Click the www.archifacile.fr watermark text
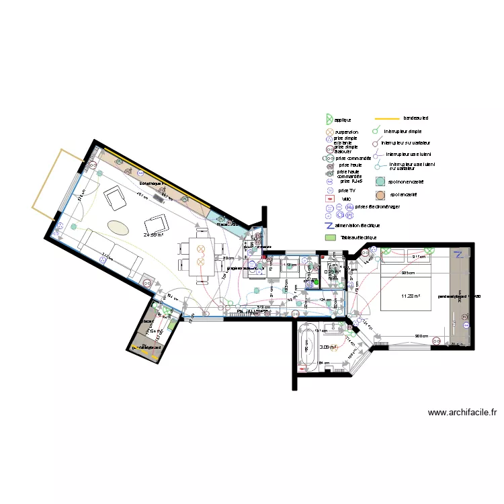[462, 413]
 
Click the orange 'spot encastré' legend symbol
[380, 195]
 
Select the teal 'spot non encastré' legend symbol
[380, 181]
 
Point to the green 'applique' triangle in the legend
[329, 119]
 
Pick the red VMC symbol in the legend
[329, 199]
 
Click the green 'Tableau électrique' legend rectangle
[329, 237]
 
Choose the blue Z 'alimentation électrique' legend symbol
[329, 225]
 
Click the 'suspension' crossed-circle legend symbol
[329, 132]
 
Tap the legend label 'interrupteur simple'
[403, 131]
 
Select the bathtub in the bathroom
[308, 349]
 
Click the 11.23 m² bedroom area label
[410, 296]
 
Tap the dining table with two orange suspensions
[200, 256]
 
